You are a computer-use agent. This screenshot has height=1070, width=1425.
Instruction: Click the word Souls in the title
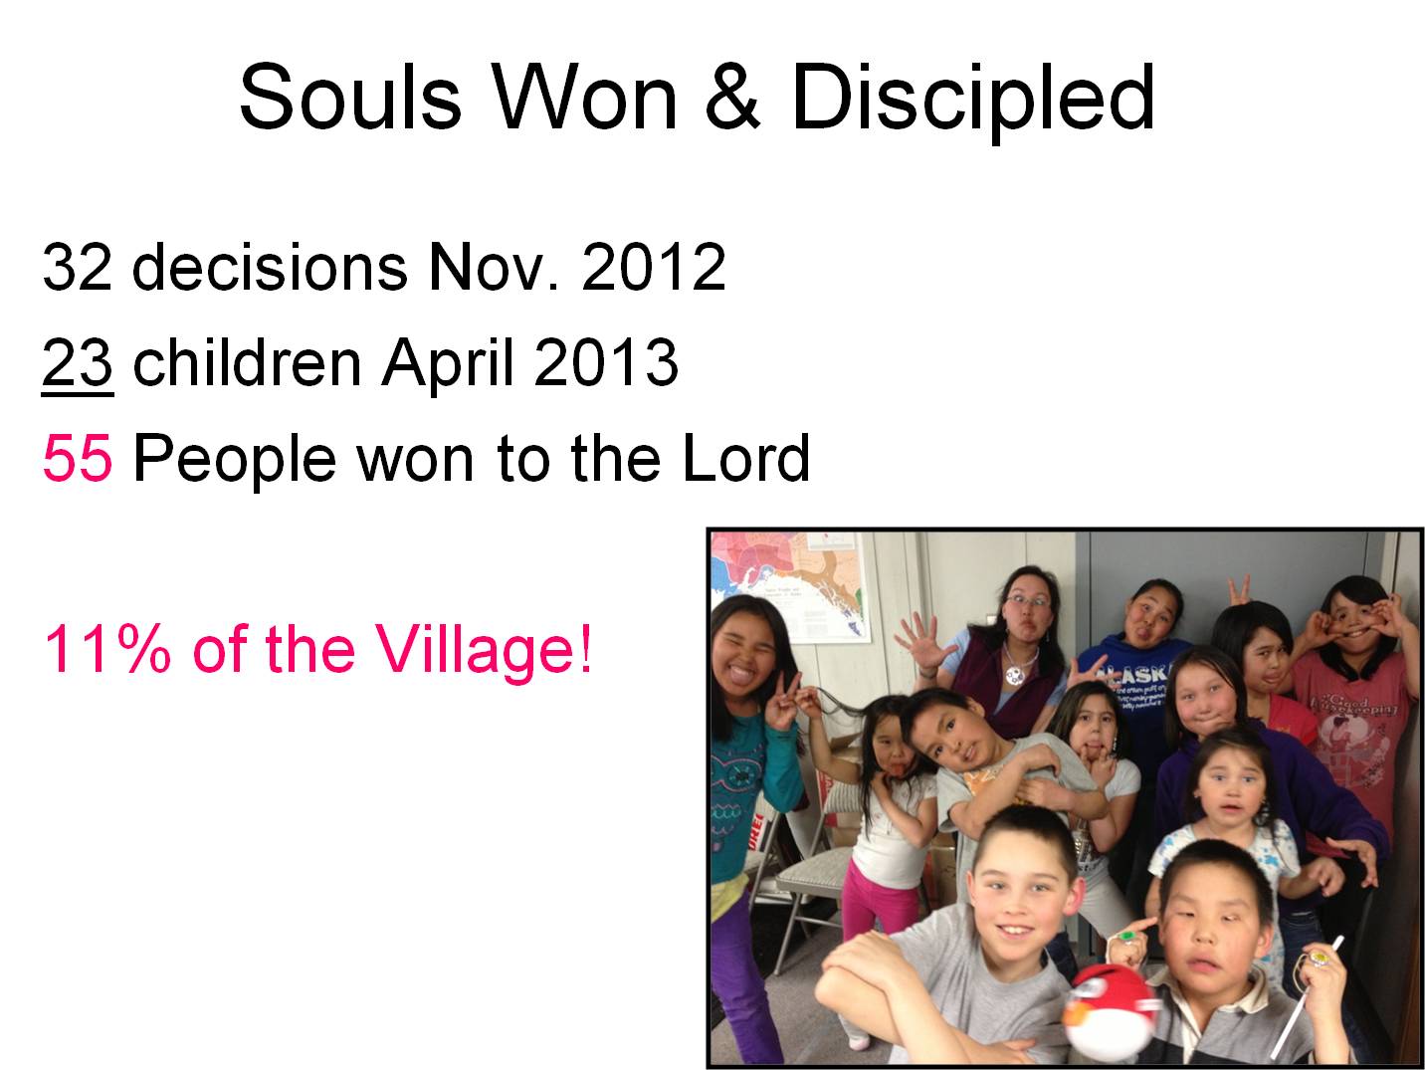(350, 98)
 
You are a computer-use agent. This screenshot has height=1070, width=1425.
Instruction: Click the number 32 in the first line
(77, 267)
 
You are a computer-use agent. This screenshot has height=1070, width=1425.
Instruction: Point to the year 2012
(653, 267)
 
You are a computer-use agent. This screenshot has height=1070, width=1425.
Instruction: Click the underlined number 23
(77, 362)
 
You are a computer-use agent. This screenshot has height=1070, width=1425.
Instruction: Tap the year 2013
(606, 362)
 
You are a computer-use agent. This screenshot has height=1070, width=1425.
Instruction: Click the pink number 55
(77, 459)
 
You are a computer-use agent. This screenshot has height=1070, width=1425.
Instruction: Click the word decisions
(269, 267)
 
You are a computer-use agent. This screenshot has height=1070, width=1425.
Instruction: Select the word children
(246, 362)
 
